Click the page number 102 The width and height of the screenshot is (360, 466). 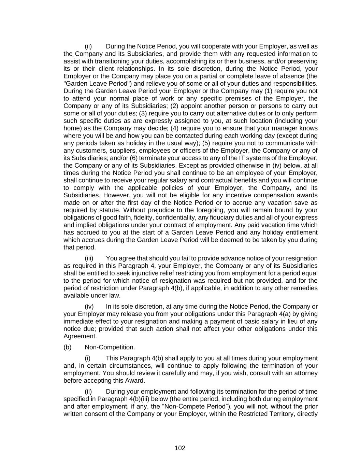click(180, 448)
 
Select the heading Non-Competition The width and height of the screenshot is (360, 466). click(110, 347)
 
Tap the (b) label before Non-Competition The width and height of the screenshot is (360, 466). click(68, 347)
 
